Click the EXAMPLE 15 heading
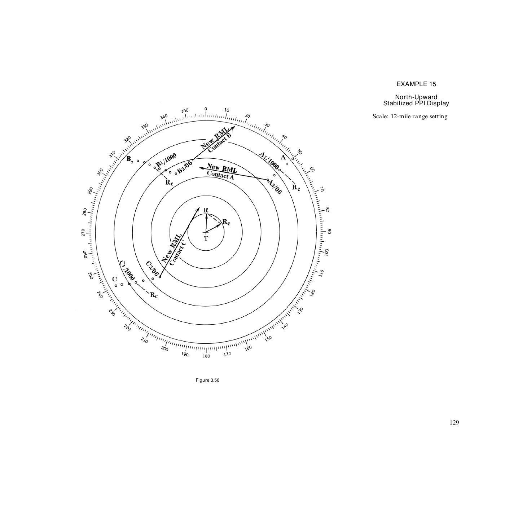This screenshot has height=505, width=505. click(416, 84)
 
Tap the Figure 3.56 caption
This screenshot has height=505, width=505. click(207, 380)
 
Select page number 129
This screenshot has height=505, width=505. click(454, 422)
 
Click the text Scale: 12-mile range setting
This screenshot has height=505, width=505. click(410, 117)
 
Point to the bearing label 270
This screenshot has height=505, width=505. click(83, 232)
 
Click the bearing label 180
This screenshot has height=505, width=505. click(206, 356)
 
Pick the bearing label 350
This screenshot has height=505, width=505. click(184, 111)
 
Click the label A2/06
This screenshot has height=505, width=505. click(275, 187)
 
